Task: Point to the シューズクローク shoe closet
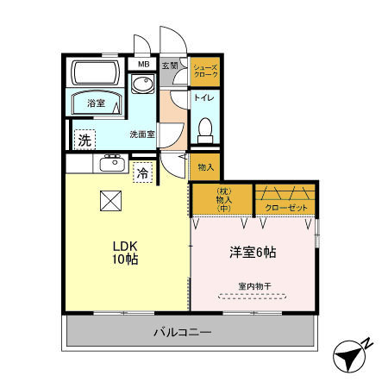tap(204, 71)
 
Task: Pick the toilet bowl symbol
tap(205, 131)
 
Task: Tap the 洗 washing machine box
tap(84, 139)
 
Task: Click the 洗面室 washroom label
tap(141, 135)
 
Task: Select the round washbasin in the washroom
tap(140, 84)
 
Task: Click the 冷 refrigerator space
tap(142, 172)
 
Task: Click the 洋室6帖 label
tap(252, 252)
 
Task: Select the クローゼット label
tap(285, 208)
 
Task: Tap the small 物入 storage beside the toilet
tap(204, 166)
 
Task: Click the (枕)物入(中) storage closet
tap(222, 199)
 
